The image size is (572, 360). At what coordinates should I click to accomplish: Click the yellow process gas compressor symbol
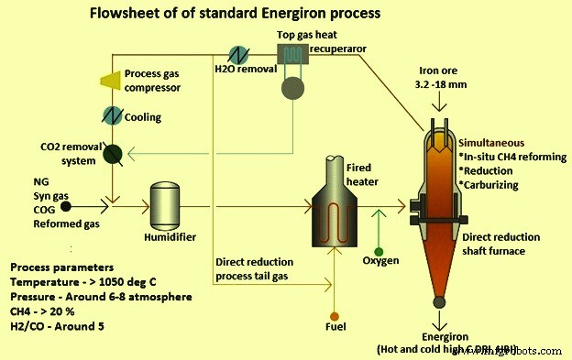[111, 82]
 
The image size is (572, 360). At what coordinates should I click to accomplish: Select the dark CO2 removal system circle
[114, 154]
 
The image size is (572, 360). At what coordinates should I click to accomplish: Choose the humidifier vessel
[167, 199]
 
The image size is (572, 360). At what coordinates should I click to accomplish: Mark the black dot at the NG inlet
[65, 195]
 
